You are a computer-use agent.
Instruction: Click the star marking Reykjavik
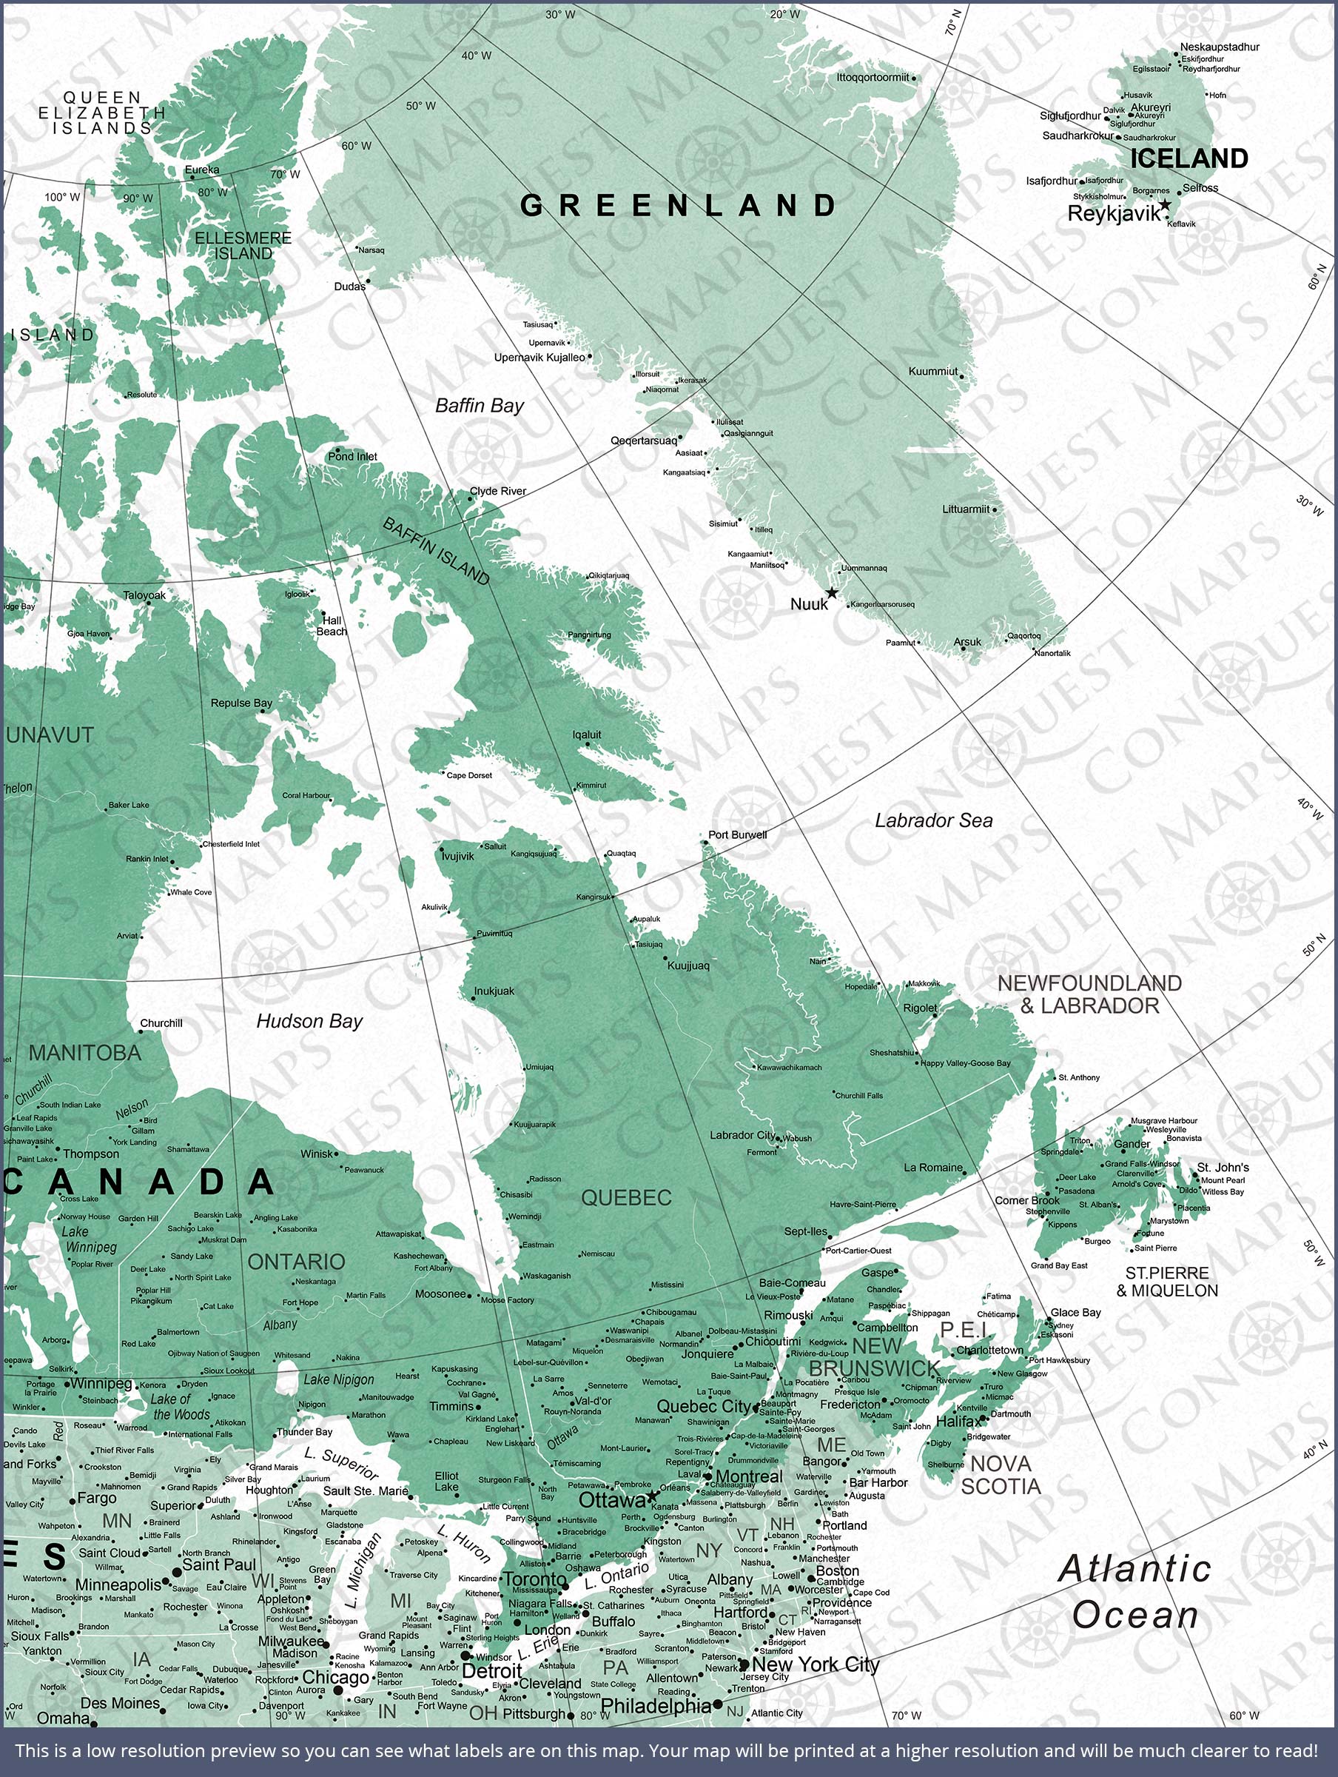tap(1165, 206)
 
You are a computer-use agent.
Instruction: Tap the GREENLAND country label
tap(679, 206)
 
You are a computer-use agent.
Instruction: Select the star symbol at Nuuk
tap(832, 593)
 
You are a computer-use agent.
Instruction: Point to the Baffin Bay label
tap(480, 406)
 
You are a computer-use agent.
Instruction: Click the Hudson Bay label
tap(309, 1021)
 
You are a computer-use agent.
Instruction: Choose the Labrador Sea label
tap(933, 820)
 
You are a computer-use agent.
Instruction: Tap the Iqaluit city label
tap(586, 734)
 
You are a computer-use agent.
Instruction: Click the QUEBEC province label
tap(626, 1198)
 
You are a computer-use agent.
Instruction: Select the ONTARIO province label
tap(296, 1262)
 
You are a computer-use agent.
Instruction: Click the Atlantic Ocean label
tap(1134, 1591)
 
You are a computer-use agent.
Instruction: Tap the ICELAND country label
tap(1189, 158)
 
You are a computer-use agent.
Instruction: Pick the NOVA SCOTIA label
tap(1001, 1475)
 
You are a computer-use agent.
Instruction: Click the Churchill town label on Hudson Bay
tap(161, 1023)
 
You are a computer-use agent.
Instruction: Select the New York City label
tap(816, 1664)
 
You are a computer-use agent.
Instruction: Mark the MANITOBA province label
tap(85, 1053)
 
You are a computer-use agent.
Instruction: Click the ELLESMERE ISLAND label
tap(243, 246)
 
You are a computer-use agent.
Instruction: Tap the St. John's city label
tap(1223, 1167)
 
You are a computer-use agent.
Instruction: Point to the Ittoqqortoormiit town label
tap(873, 77)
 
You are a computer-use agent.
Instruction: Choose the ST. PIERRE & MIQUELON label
tap(1167, 1282)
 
